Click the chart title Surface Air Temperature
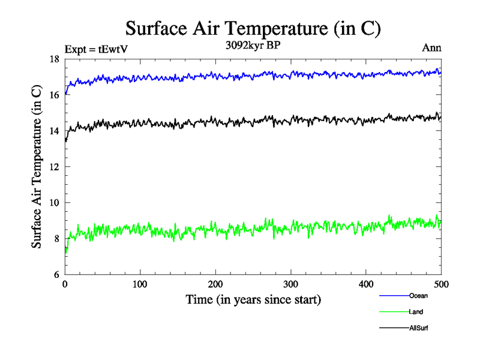253,28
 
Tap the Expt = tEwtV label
97,49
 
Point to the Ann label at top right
432,49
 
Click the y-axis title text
37,167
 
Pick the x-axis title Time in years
253,299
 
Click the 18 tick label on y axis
53,59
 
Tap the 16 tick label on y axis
53,95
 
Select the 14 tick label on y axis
53,131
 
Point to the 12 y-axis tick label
53,167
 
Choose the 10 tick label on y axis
53,203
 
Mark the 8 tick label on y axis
56,239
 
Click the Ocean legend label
418,296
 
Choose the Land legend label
416,312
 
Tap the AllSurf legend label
419,328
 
